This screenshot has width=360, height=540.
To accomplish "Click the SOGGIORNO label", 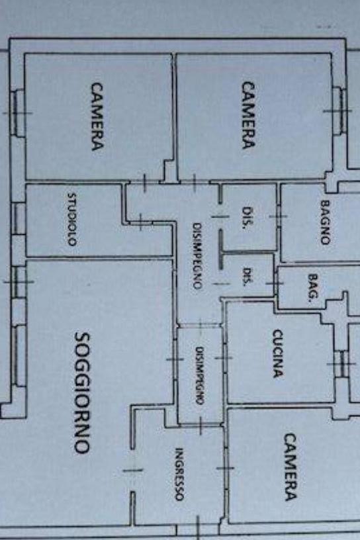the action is click(83, 392).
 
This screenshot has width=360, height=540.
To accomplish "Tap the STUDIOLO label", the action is click(71, 219).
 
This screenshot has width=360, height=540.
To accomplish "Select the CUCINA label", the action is click(278, 353).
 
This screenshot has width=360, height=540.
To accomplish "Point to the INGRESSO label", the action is click(179, 474).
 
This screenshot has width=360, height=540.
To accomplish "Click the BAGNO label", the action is click(325, 222).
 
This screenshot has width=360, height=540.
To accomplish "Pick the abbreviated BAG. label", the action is click(312, 287).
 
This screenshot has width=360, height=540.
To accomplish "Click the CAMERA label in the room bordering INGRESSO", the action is click(290, 467).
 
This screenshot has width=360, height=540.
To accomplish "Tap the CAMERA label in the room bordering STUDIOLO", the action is click(97, 116).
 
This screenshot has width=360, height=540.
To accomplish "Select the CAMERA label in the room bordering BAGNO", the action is click(248, 115).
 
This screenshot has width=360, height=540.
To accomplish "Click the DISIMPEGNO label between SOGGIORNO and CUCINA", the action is click(199, 375).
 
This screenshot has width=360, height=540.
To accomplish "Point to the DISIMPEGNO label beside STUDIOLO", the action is click(197, 256).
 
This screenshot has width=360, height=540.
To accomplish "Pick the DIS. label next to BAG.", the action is click(246, 277).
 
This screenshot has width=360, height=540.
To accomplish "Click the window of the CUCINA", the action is click(341, 364).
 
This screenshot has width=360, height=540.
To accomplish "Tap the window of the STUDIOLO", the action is click(19, 219).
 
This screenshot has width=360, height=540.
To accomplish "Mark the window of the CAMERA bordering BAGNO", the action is click(339, 111).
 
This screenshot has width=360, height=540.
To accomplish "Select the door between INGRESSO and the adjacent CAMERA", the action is click(225, 468).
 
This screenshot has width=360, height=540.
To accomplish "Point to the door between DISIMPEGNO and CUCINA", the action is click(224, 358).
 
